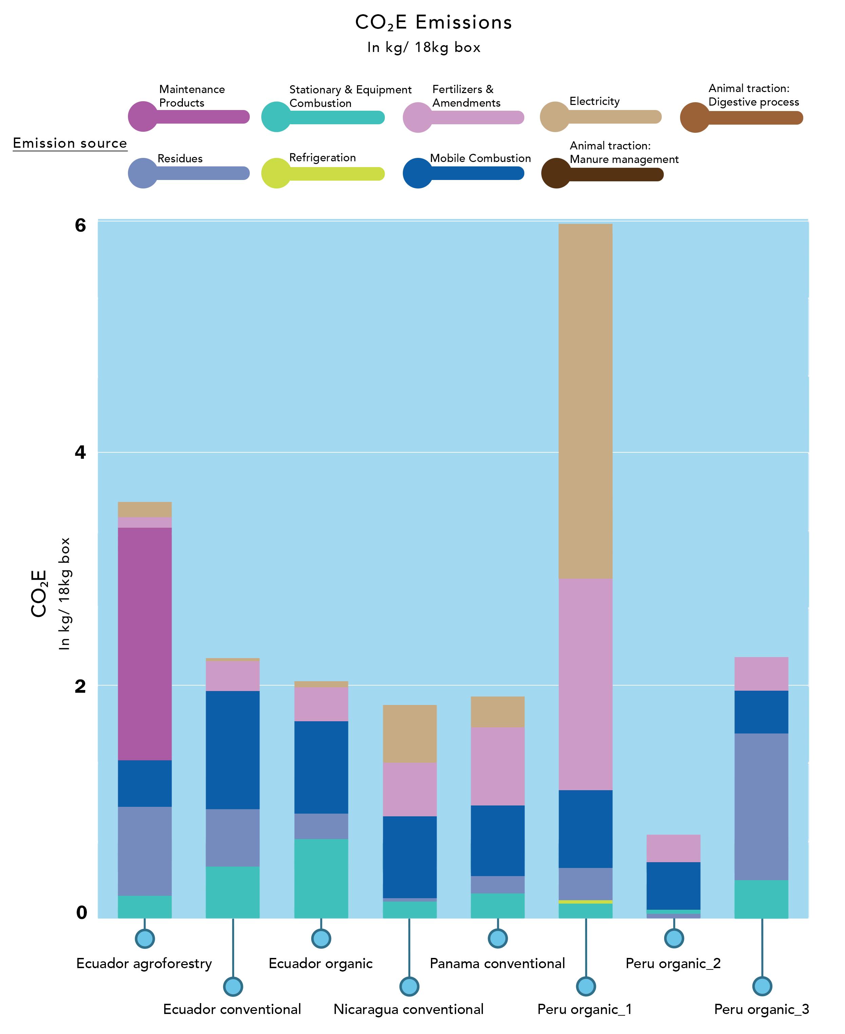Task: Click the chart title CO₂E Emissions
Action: [x=433, y=22]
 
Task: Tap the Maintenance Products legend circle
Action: [x=143, y=116]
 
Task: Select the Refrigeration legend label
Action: [x=322, y=157]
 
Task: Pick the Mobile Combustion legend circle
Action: [x=418, y=173]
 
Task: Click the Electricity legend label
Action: [x=594, y=101]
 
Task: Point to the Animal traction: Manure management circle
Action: [x=556, y=174]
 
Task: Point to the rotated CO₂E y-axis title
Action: [x=39, y=594]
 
